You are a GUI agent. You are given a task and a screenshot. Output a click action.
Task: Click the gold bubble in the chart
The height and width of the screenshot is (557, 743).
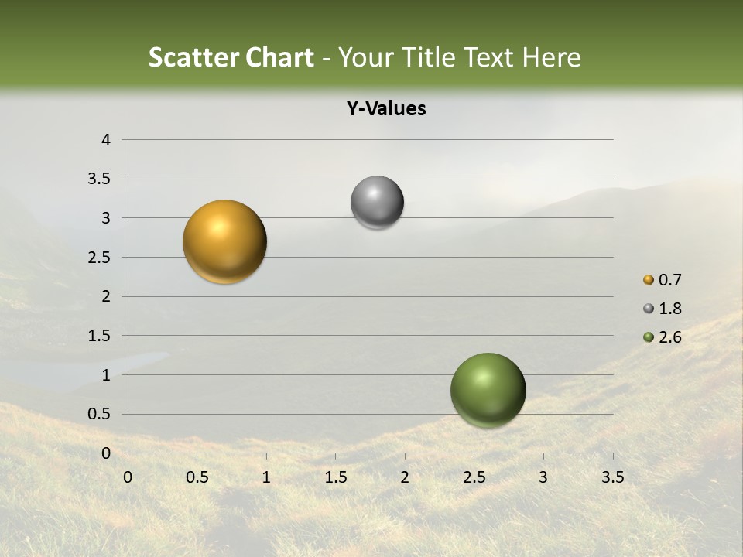coord(224,241)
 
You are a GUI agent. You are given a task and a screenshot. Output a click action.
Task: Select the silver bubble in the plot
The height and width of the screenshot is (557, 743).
coord(377,203)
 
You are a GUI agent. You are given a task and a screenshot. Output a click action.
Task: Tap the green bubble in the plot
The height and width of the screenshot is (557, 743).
coord(488,390)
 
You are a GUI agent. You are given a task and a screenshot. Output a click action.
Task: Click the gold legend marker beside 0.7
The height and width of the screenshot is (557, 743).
coord(649,280)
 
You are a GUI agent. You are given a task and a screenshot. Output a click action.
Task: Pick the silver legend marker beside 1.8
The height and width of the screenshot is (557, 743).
coord(649,309)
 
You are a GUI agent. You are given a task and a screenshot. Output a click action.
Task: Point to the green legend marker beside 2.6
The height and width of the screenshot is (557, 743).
coord(649,337)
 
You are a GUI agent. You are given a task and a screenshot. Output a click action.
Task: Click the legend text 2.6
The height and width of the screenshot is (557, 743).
coord(669,337)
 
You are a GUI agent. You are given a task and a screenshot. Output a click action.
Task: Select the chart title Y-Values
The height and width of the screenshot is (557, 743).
coord(386,109)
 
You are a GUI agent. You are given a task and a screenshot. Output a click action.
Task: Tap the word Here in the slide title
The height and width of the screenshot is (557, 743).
coord(550,57)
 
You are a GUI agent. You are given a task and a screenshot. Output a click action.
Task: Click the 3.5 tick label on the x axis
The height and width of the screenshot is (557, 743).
coord(612,477)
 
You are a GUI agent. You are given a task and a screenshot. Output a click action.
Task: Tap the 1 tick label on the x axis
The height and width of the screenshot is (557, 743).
coord(266,477)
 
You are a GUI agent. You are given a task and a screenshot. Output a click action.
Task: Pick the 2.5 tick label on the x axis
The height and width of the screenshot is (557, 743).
coord(474,477)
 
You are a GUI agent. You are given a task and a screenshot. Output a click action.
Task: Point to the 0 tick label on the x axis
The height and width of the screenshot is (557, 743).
coord(128,477)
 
